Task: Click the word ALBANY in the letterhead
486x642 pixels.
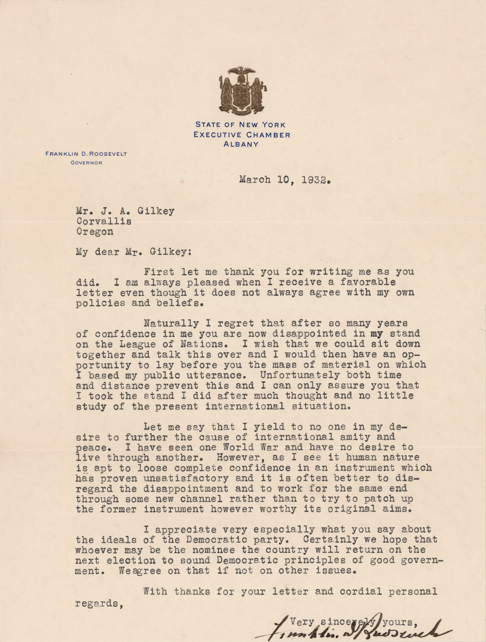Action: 241,144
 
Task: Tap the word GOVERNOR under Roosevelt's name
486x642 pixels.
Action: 86,163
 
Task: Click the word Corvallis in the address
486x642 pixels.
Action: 104,221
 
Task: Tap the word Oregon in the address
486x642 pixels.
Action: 95,232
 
